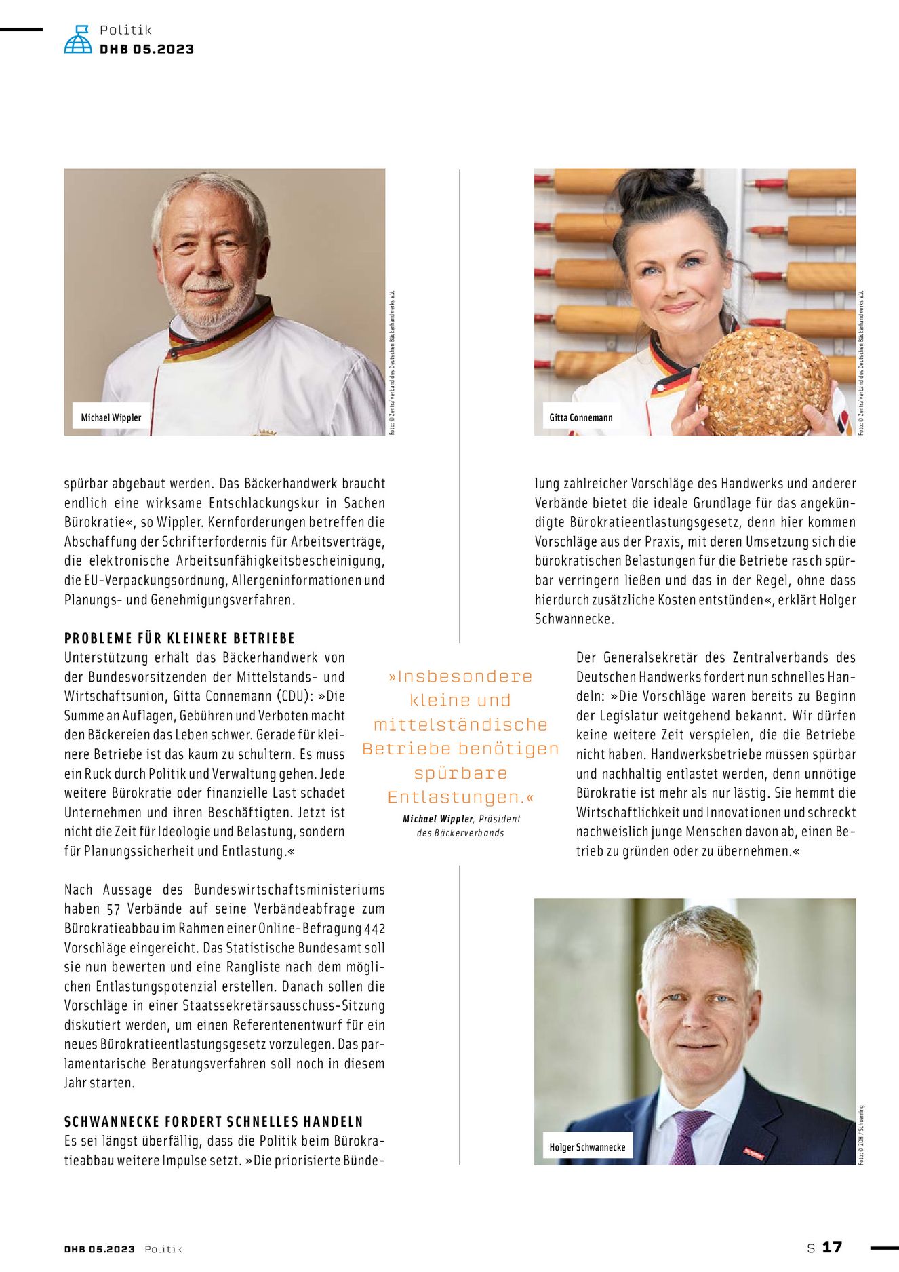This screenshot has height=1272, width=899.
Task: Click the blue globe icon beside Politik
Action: pyautogui.click(x=78, y=40)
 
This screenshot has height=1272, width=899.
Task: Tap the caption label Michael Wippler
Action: pyautogui.click(x=111, y=417)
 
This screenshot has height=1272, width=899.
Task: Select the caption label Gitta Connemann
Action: pyautogui.click(x=581, y=417)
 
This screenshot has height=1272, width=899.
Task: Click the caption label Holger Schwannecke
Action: pyautogui.click(x=587, y=1147)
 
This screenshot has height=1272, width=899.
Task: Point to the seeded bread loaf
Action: pyautogui.click(x=763, y=381)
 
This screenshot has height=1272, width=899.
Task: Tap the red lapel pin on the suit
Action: pyautogui.click(x=754, y=1153)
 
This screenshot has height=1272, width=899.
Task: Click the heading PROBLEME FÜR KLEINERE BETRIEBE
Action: pyautogui.click(x=180, y=638)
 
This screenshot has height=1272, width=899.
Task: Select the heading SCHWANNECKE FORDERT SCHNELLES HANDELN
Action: pyautogui.click(x=214, y=1122)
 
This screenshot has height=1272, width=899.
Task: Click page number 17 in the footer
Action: pyautogui.click(x=832, y=1248)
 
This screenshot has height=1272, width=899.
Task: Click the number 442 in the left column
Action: pyautogui.click(x=374, y=929)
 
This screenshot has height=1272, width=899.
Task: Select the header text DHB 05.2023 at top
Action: pyautogui.click(x=146, y=49)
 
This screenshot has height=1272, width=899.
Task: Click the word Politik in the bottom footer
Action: pyautogui.click(x=163, y=1249)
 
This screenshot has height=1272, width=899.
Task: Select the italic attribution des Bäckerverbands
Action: pyautogui.click(x=460, y=833)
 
